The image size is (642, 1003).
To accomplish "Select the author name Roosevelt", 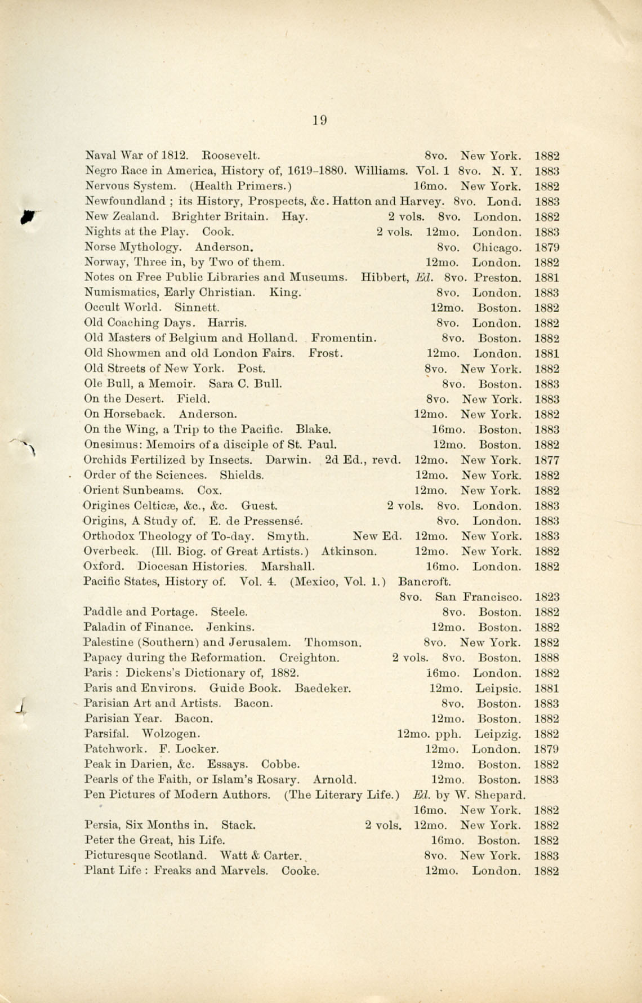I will coord(230,156).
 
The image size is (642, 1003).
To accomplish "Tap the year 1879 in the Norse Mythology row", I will coord(546,247).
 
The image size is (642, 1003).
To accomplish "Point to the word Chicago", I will coord(497,248).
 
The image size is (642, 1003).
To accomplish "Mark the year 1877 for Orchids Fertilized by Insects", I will coord(546,460).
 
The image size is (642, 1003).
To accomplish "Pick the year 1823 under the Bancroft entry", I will coord(546,597).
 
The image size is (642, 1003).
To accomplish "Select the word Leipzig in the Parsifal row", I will coord(497,734).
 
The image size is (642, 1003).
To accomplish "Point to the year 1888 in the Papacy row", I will coord(546,658).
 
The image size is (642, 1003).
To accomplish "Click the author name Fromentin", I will coord(344,339).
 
